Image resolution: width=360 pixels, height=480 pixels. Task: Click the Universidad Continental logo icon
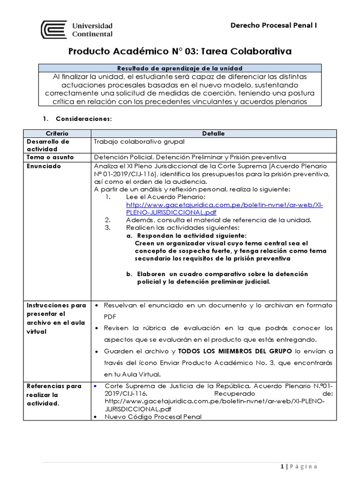pos(54,29)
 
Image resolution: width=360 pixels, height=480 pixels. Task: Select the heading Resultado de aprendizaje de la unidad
pos(180,68)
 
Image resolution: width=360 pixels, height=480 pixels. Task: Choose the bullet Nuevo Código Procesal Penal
pos(154,417)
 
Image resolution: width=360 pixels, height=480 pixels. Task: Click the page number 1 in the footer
pos(281,466)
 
